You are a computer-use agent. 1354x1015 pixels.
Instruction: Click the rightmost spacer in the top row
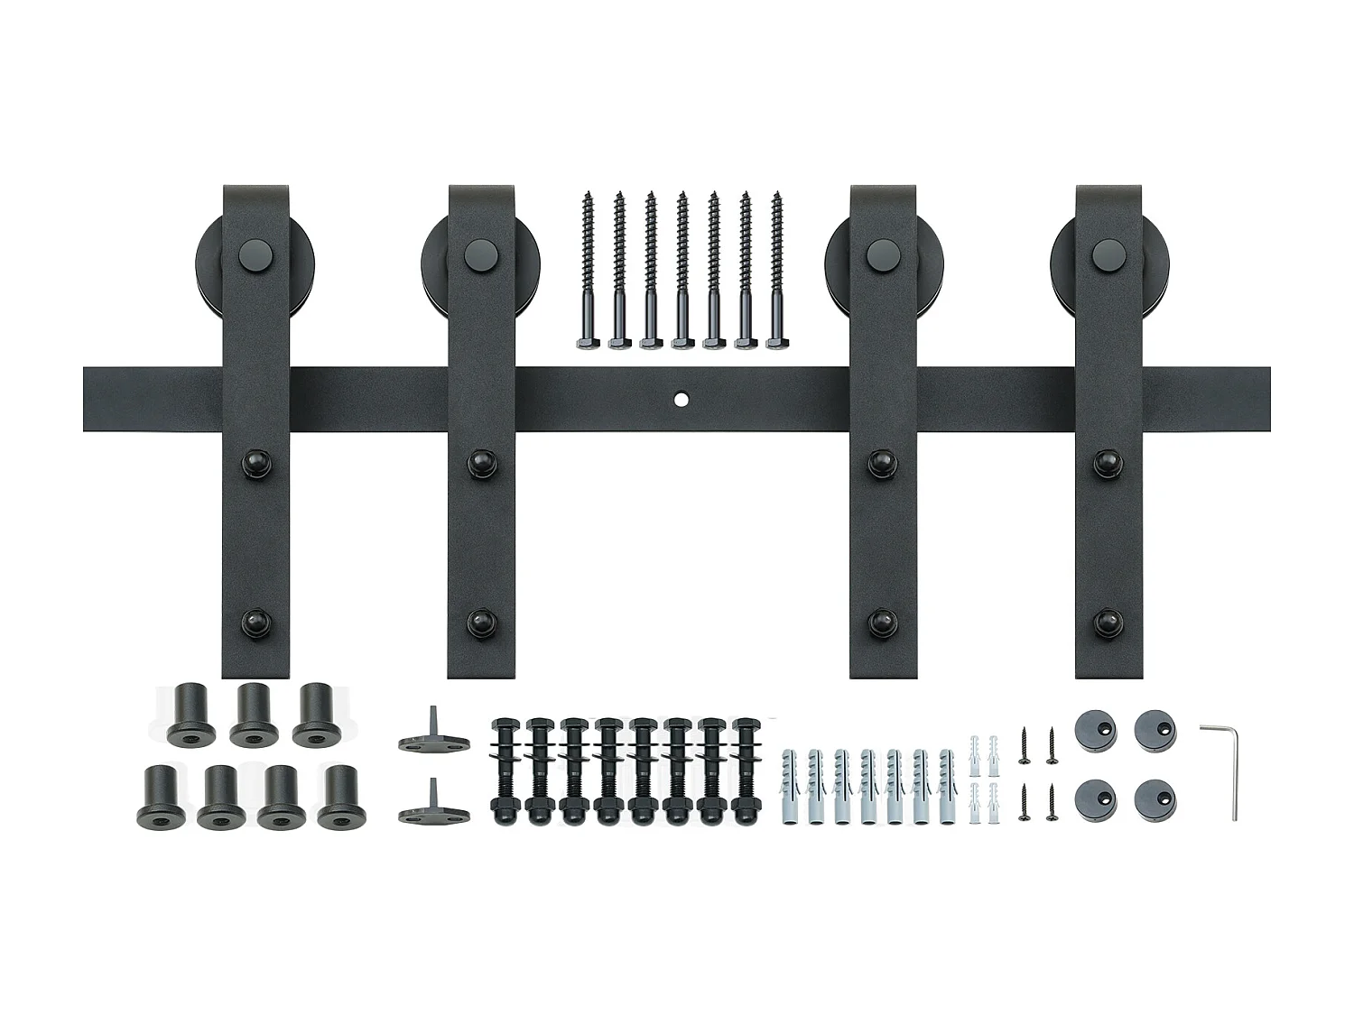315,715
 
